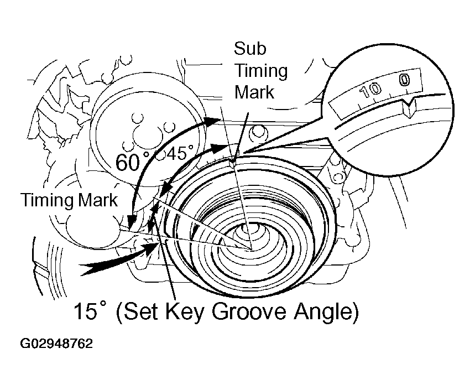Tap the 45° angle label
[180, 154]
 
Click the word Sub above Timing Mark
[250, 49]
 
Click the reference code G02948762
[56, 344]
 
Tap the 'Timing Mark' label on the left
[69, 200]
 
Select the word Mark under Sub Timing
[254, 91]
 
